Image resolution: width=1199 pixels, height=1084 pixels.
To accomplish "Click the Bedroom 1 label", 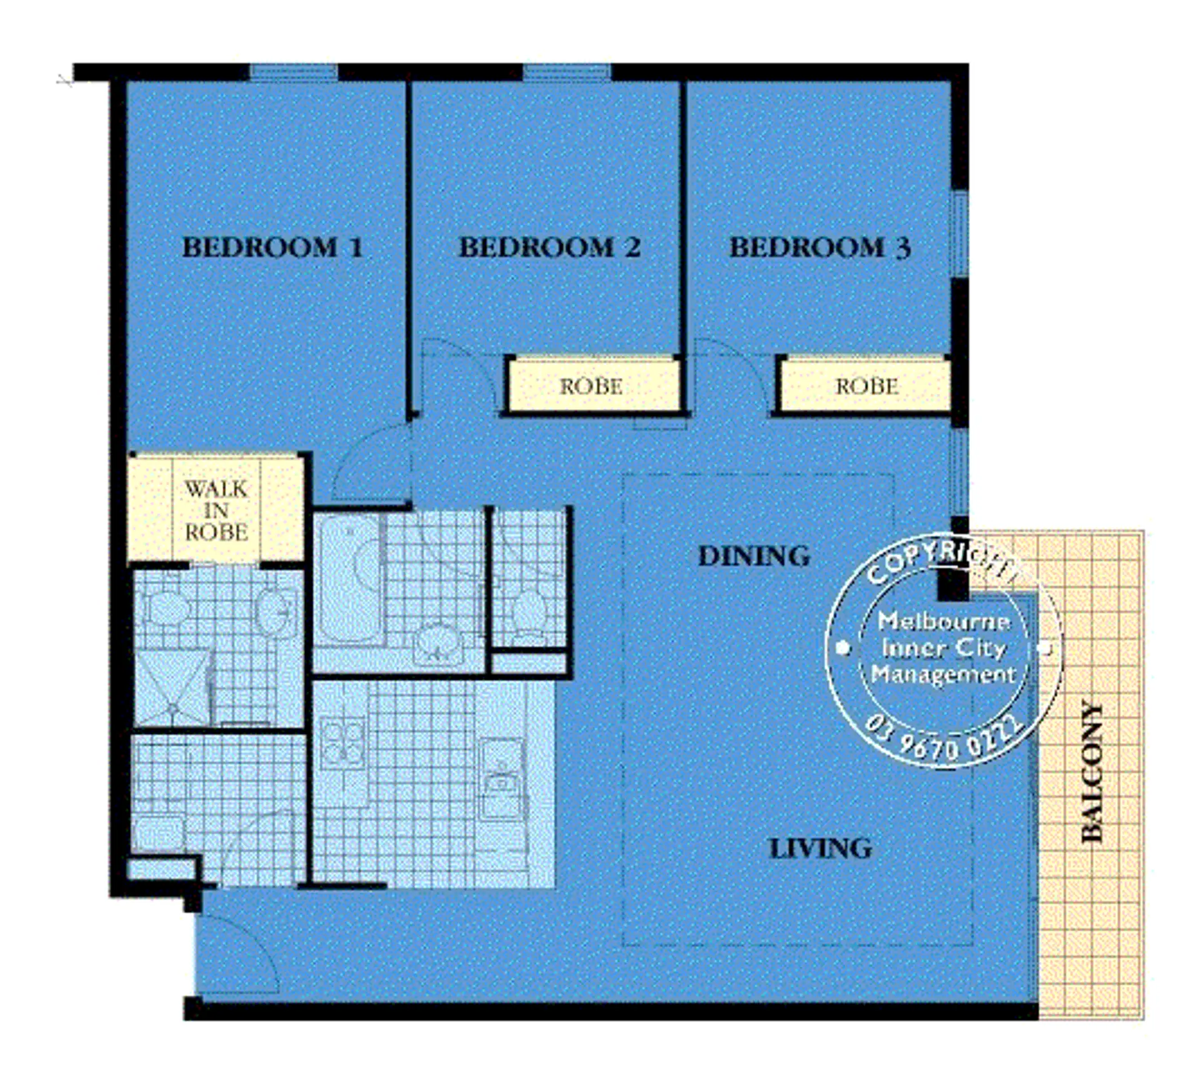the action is [x=272, y=247].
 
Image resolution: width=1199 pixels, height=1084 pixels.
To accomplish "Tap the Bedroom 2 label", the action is [x=550, y=247].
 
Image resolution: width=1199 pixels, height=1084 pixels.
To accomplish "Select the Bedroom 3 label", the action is [x=820, y=247].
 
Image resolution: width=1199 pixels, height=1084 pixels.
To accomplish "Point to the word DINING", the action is [x=754, y=556].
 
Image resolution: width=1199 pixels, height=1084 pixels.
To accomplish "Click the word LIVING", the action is [x=820, y=848].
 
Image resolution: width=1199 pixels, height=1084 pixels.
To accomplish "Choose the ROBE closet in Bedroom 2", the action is [x=591, y=386].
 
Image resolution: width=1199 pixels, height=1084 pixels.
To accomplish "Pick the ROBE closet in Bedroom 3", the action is [x=867, y=386].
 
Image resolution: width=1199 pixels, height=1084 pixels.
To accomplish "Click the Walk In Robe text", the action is [x=216, y=510].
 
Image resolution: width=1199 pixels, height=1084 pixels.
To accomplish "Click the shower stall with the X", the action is [x=172, y=689].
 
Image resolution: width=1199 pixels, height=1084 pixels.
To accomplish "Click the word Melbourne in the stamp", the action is [x=943, y=621].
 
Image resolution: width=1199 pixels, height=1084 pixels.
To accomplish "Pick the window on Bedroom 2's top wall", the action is [x=567, y=72].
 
